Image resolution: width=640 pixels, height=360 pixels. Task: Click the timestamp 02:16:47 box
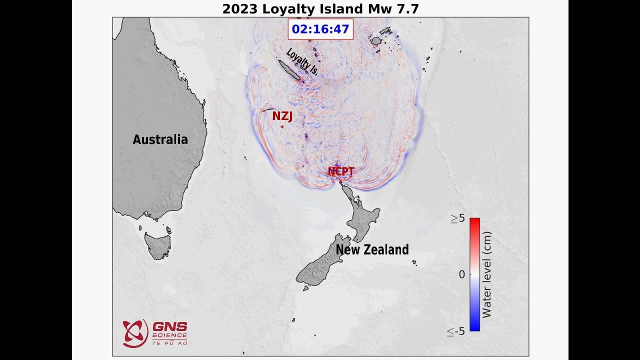tap(320, 29)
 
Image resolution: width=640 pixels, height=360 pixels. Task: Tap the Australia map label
tap(160, 139)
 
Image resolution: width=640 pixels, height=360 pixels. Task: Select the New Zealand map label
tap(372, 249)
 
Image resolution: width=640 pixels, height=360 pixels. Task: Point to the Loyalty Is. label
tap(302, 62)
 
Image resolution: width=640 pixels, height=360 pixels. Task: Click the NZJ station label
tap(282, 116)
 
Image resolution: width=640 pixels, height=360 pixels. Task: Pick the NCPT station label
tap(341, 171)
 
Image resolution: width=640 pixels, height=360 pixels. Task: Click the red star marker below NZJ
tap(282, 127)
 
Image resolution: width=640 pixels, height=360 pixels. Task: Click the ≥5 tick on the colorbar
tap(457, 218)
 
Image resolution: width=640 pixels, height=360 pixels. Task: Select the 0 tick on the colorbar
tap(461, 274)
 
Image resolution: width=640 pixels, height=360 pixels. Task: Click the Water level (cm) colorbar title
tap(486, 274)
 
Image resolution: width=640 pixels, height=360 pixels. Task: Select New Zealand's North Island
tap(362, 220)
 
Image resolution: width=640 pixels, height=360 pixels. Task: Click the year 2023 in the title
tap(240, 9)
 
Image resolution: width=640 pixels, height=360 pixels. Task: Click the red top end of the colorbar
tap(474, 222)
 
